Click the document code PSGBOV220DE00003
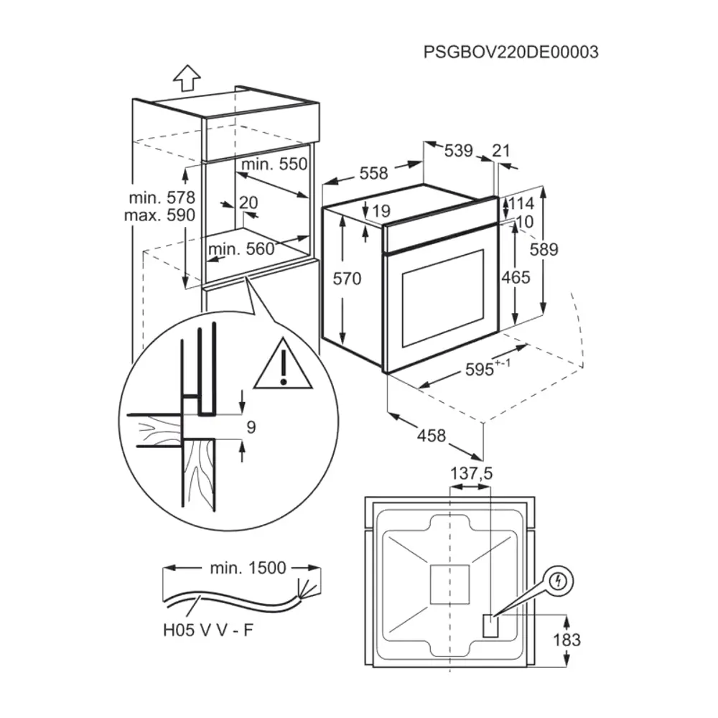(510, 52)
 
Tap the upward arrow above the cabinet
(187, 77)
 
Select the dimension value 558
(373, 173)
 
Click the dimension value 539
(458, 151)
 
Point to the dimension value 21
(501, 151)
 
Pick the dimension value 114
(522, 203)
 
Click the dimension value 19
(381, 211)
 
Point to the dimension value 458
(431, 435)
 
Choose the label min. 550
(274, 164)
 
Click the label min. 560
(241, 248)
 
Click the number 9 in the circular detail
(251, 427)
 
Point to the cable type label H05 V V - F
(207, 631)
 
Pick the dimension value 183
(567, 640)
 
